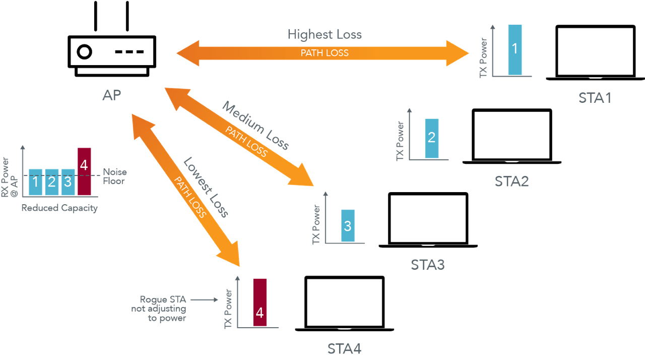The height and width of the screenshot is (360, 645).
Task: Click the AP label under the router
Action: point(111,95)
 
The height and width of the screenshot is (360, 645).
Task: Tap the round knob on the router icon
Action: point(84,51)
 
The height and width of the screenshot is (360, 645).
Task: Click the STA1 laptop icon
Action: point(595,53)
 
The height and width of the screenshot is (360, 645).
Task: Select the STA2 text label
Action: point(511,181)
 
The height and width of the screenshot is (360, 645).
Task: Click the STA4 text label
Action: point(344,348)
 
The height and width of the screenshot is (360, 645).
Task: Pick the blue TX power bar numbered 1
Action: point(514,49)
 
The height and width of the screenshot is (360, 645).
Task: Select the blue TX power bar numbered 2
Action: point(431,138)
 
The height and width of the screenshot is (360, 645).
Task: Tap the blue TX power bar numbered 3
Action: point(348,225)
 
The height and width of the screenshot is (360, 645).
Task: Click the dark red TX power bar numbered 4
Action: point(260,302)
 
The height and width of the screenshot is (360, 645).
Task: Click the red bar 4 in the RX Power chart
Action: point(84,171)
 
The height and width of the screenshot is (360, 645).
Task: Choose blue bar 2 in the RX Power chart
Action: point(51,182)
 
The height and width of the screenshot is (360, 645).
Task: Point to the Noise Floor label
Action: point(114,176)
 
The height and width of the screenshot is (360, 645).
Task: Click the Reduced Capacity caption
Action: point(59,208)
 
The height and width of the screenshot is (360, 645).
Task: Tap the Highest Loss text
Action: point(325,34)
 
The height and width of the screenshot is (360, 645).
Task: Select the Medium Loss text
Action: point(256,126)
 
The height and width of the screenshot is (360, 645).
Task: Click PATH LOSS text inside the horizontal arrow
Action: point(325,52)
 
